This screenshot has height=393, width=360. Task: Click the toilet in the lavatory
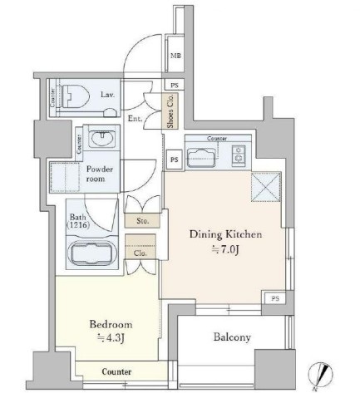tap(75, 96)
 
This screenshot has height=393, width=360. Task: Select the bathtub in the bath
tap(92, 254)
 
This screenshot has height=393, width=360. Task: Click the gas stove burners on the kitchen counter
tap(239, 155)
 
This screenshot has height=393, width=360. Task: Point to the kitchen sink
tap(201, 158)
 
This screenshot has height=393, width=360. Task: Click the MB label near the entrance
tap(175, 56)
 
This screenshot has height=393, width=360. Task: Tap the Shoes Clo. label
tap(170, 111)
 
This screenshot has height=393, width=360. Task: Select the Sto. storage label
tap(143, 221)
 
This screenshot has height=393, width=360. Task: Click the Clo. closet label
tap(141, 253)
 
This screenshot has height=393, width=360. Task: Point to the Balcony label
tap(232, 337)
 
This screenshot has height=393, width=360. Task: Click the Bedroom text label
tap(111, 324)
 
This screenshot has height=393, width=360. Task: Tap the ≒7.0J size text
tap(225, 250)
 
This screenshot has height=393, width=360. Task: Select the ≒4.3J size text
tap(111, 338)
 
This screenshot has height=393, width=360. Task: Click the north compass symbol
tap(321, 375)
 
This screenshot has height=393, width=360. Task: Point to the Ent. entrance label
tap(135, 119)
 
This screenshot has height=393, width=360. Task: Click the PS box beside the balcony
tap(275, 298)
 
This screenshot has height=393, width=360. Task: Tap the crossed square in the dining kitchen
tap(266, 186)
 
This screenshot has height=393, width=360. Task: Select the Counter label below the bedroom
tap(116, 371)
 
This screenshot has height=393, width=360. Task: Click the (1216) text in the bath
tap(78, 225)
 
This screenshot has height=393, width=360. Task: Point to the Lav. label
tap(107, 95)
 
